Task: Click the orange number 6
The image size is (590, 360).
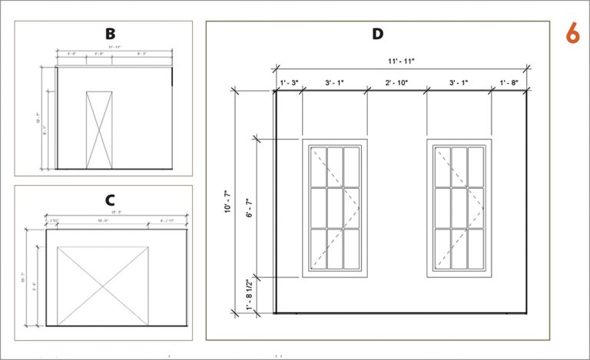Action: (572, 34)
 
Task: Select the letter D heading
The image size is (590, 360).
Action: (377, 35)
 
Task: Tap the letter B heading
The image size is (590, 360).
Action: (111, 34)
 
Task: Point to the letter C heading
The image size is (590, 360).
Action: (111, 200)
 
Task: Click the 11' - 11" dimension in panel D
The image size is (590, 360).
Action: (401, 60)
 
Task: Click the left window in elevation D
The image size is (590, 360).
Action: (335, 208)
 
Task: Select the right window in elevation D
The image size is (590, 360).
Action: (459, 208)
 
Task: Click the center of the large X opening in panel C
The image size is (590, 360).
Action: (102, 286)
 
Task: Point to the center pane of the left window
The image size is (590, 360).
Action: (335, 208)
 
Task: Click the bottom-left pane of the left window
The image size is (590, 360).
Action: (319, 249)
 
